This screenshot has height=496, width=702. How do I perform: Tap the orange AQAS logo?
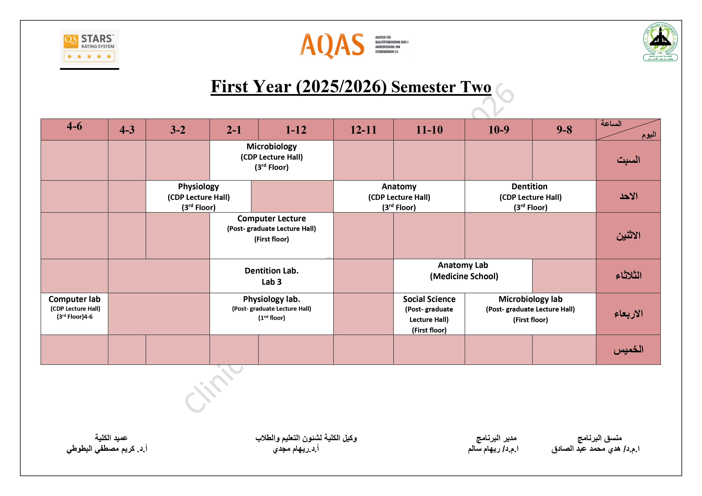pos(354,46)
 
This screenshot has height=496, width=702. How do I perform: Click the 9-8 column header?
pos(564,130)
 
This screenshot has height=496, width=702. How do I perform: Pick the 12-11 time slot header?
pos(363,130)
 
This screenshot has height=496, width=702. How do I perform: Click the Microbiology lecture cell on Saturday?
pos(271,160)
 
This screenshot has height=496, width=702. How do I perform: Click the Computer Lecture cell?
pos(271,236)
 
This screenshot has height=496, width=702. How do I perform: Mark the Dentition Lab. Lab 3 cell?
pos(271,276)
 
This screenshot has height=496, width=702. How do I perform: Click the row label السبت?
pos(628,160)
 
